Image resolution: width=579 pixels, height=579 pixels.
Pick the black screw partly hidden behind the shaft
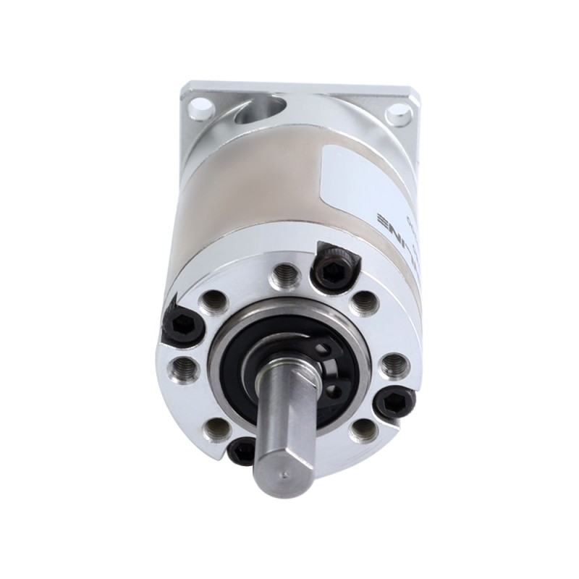pos(242,452)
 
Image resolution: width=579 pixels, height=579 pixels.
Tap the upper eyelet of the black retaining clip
pos(332,349)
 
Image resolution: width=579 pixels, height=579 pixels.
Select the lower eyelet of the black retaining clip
pos(334,391)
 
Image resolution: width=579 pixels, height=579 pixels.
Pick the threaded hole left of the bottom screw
pos(216,429)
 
